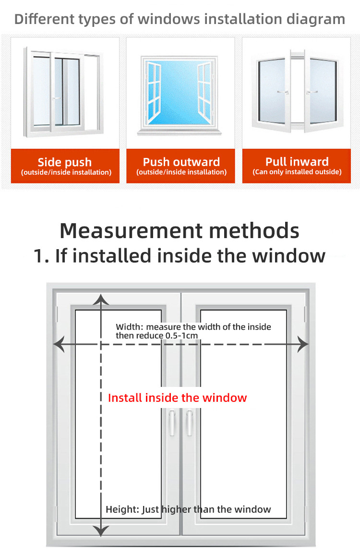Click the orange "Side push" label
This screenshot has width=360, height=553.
click(x=65, y=166)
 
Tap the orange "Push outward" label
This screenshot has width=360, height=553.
click(x=180, y=166)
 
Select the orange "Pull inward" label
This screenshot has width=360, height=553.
click(x=297, y=166)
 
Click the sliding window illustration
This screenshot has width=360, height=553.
click(x=63, y=92)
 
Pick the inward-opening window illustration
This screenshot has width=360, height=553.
click(x=297, y=91)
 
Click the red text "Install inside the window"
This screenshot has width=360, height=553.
click(x=177, y=398)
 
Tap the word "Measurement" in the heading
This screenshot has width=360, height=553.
click(x=131, y=231)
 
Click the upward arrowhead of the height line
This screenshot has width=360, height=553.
click(x=101, y=300)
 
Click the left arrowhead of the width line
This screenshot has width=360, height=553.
click(x=59, y=344)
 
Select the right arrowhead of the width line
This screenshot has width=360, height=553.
click(x=302, y=344)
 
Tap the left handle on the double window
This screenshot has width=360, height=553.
click(x=172, y=422)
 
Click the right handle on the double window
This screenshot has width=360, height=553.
click(x=189, y=422)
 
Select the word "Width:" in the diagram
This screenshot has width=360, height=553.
click(x=130, y=327)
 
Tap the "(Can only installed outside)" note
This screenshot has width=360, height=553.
click(x=297, y=172)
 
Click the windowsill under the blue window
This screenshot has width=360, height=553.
click(x=180, y=132)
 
